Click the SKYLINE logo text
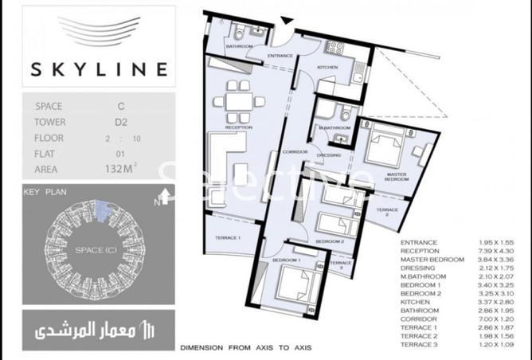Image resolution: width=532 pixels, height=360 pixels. coord(100,68)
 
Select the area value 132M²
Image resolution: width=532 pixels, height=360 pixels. coord(120,169)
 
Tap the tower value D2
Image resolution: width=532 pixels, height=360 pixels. coord(120,122)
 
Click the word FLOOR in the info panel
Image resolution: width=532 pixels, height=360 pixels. coord(50,138)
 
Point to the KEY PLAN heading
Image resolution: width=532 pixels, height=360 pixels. coord(43,192)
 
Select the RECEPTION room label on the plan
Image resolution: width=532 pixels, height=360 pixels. coord(238,127)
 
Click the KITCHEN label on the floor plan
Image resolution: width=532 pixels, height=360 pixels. coord(328,68)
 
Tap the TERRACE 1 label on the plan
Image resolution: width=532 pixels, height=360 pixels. coord(229,238)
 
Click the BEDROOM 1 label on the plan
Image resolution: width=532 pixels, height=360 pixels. coord(286,260)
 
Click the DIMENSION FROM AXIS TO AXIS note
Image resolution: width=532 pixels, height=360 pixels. coord(245,348)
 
